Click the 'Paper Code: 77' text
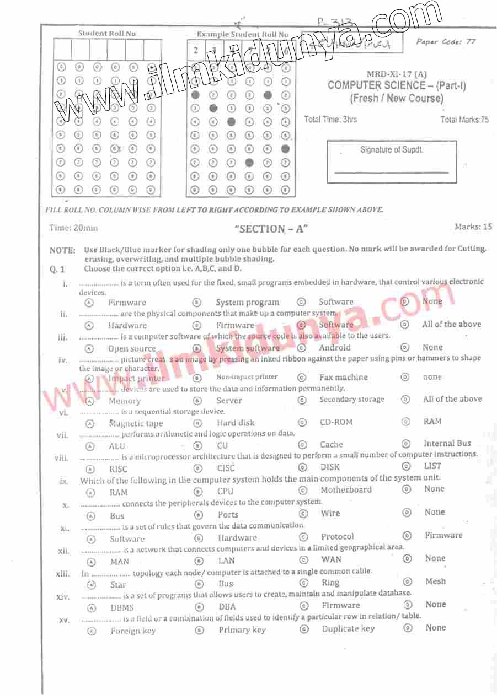(446, 42)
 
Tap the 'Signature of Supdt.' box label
(392, 150)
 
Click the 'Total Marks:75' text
(464, 120)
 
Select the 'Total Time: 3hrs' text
(330, 120)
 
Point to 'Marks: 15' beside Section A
(473, 227)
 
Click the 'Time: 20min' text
(73, 228)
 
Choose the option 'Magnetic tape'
(136, 423)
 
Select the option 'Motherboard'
(346, 490)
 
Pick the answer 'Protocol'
(338, 536)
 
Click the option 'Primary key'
(242, 629)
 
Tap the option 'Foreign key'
(133, 631)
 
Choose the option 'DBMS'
(122, 608)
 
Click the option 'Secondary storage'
(351, 399)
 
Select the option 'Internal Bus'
(447, 443)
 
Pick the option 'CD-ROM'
(336, 422)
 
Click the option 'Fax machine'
(343, 378)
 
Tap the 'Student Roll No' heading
(107, 34)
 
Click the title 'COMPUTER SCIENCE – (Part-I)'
(397, 86)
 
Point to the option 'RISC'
(118, 469)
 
